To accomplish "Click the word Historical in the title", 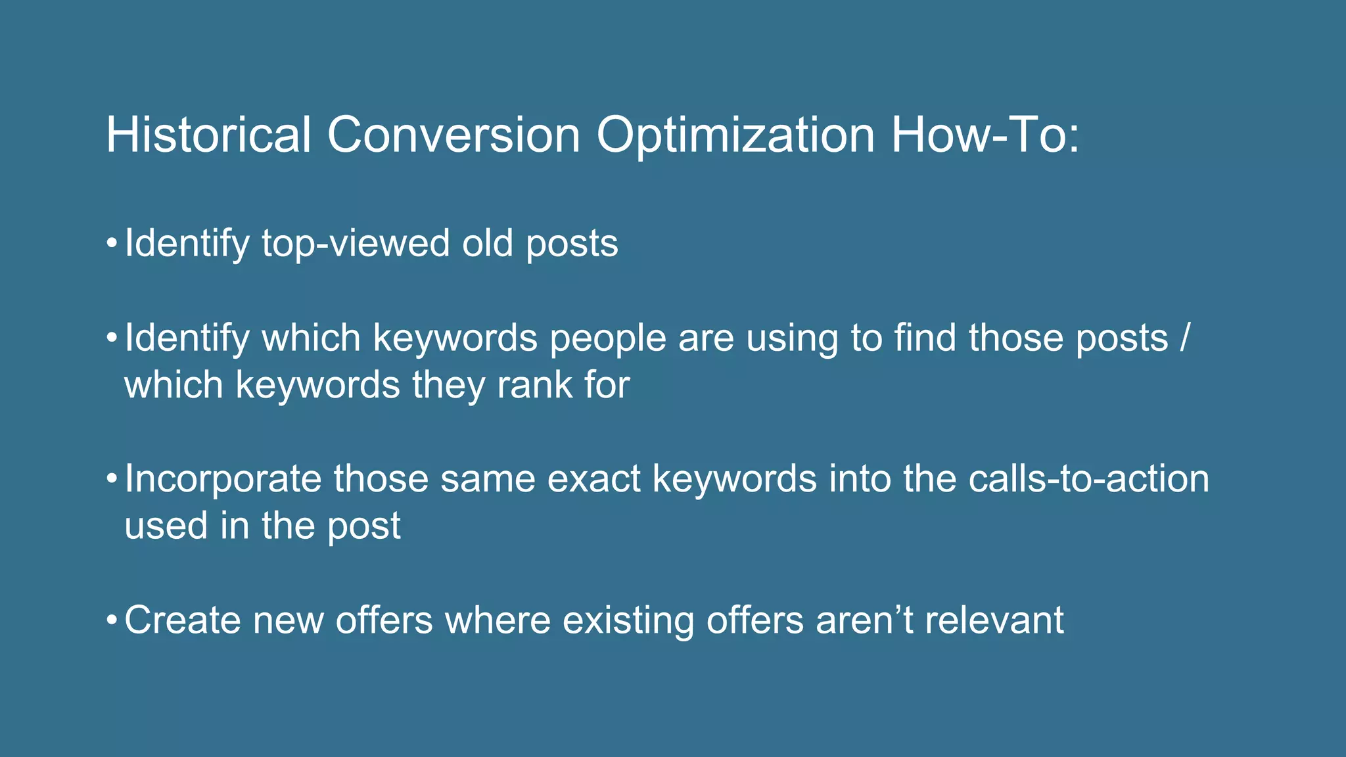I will (x=208, y=135).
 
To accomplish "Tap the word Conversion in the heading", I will (x=453, y=135).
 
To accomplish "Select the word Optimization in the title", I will (x=735, y=136).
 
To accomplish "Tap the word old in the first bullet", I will (x=487, y=243).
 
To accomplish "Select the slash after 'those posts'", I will (x=1184, y=338).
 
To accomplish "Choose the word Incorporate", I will (x=223, y=479).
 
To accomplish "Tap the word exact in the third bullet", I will (x=593, y=478).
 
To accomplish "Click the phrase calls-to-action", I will (x=1088, y=478).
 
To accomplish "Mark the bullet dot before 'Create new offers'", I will (x=112, y=621).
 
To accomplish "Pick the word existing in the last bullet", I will (x=628, y=620).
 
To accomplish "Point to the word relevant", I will (x=994, y=620).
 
